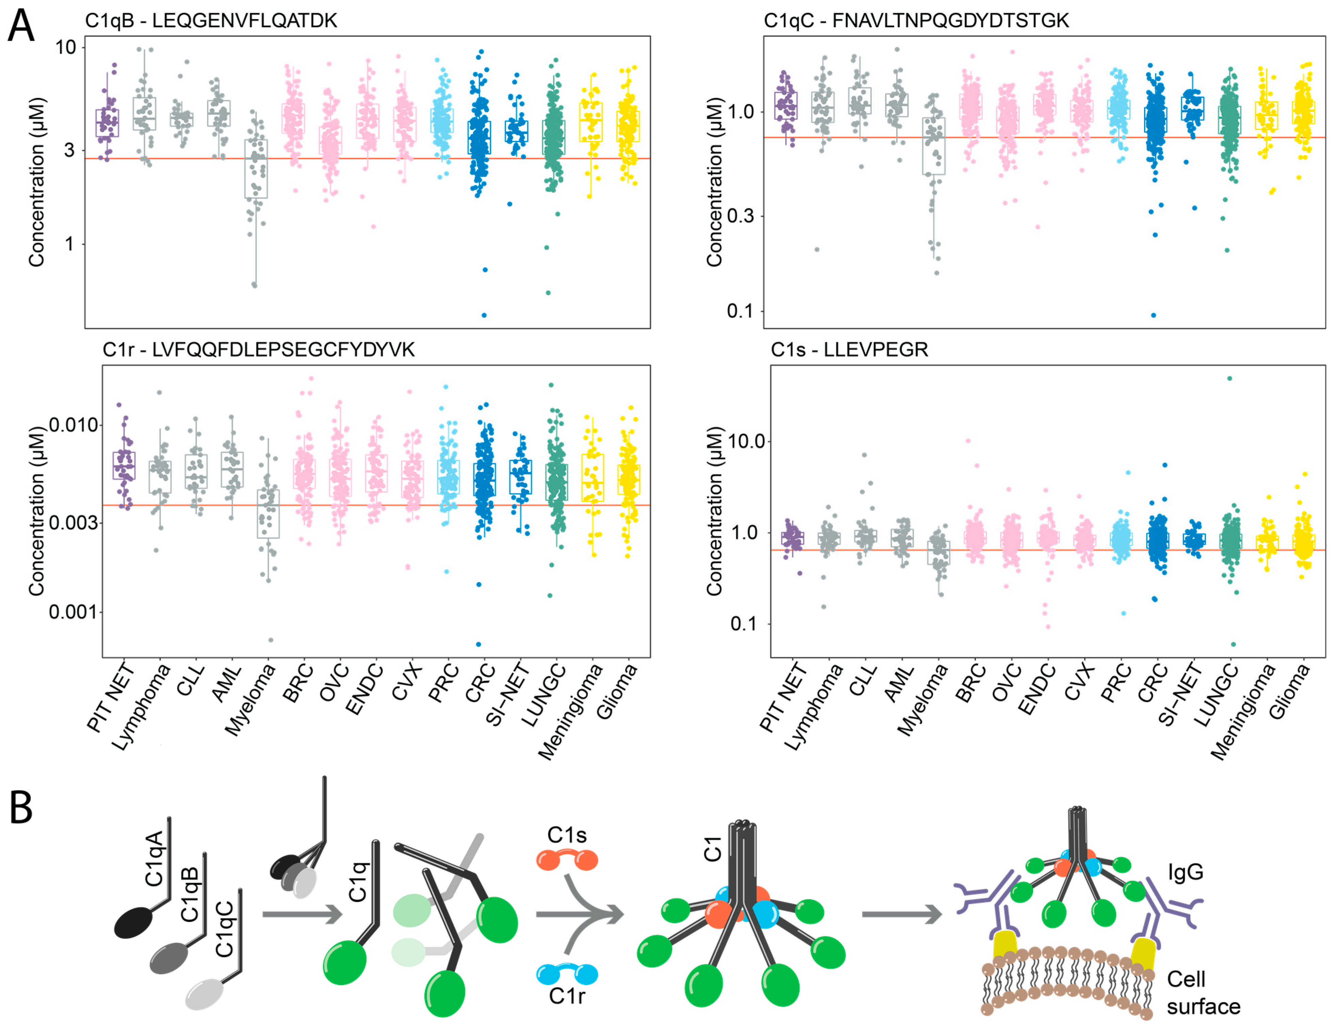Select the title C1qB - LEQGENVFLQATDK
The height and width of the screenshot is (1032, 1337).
tap(211, 21)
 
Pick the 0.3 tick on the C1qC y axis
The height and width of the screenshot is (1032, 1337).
tap(741, 215)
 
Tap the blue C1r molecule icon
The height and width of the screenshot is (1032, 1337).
tap(567, 973)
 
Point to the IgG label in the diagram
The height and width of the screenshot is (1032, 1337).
tap(1186, 872)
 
